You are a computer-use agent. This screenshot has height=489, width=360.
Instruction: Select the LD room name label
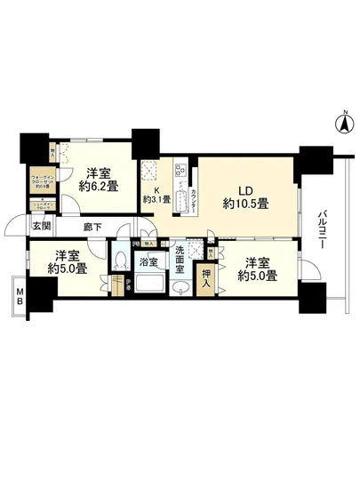tap(244, 188)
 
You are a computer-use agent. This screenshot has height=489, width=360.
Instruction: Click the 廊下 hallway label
tap(91, 227)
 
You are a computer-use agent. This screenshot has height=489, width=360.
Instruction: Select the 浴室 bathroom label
tap(148, 262)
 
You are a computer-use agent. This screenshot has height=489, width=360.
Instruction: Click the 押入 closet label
tap(206, 275)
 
